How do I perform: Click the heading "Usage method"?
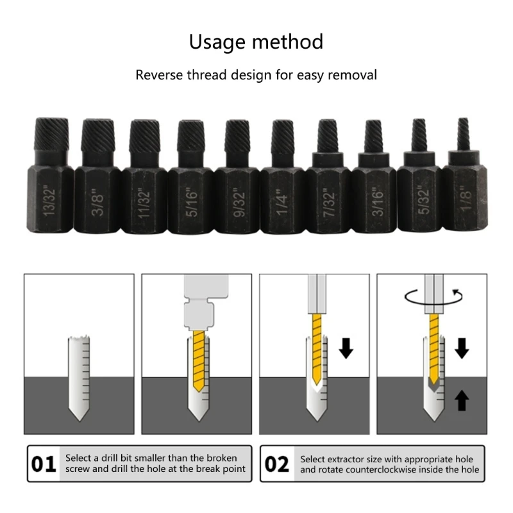(x=256, y=42)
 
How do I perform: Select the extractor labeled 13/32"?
(x=50, y=186)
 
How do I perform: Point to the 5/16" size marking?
(x=190, y=201)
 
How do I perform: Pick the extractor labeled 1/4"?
(x=283, y=186)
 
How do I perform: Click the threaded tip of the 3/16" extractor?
(x=373, y=135)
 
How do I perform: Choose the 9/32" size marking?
(x=237, y=201)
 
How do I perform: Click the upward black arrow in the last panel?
(x=462, y=401)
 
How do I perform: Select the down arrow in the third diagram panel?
(x=346, y=348)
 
